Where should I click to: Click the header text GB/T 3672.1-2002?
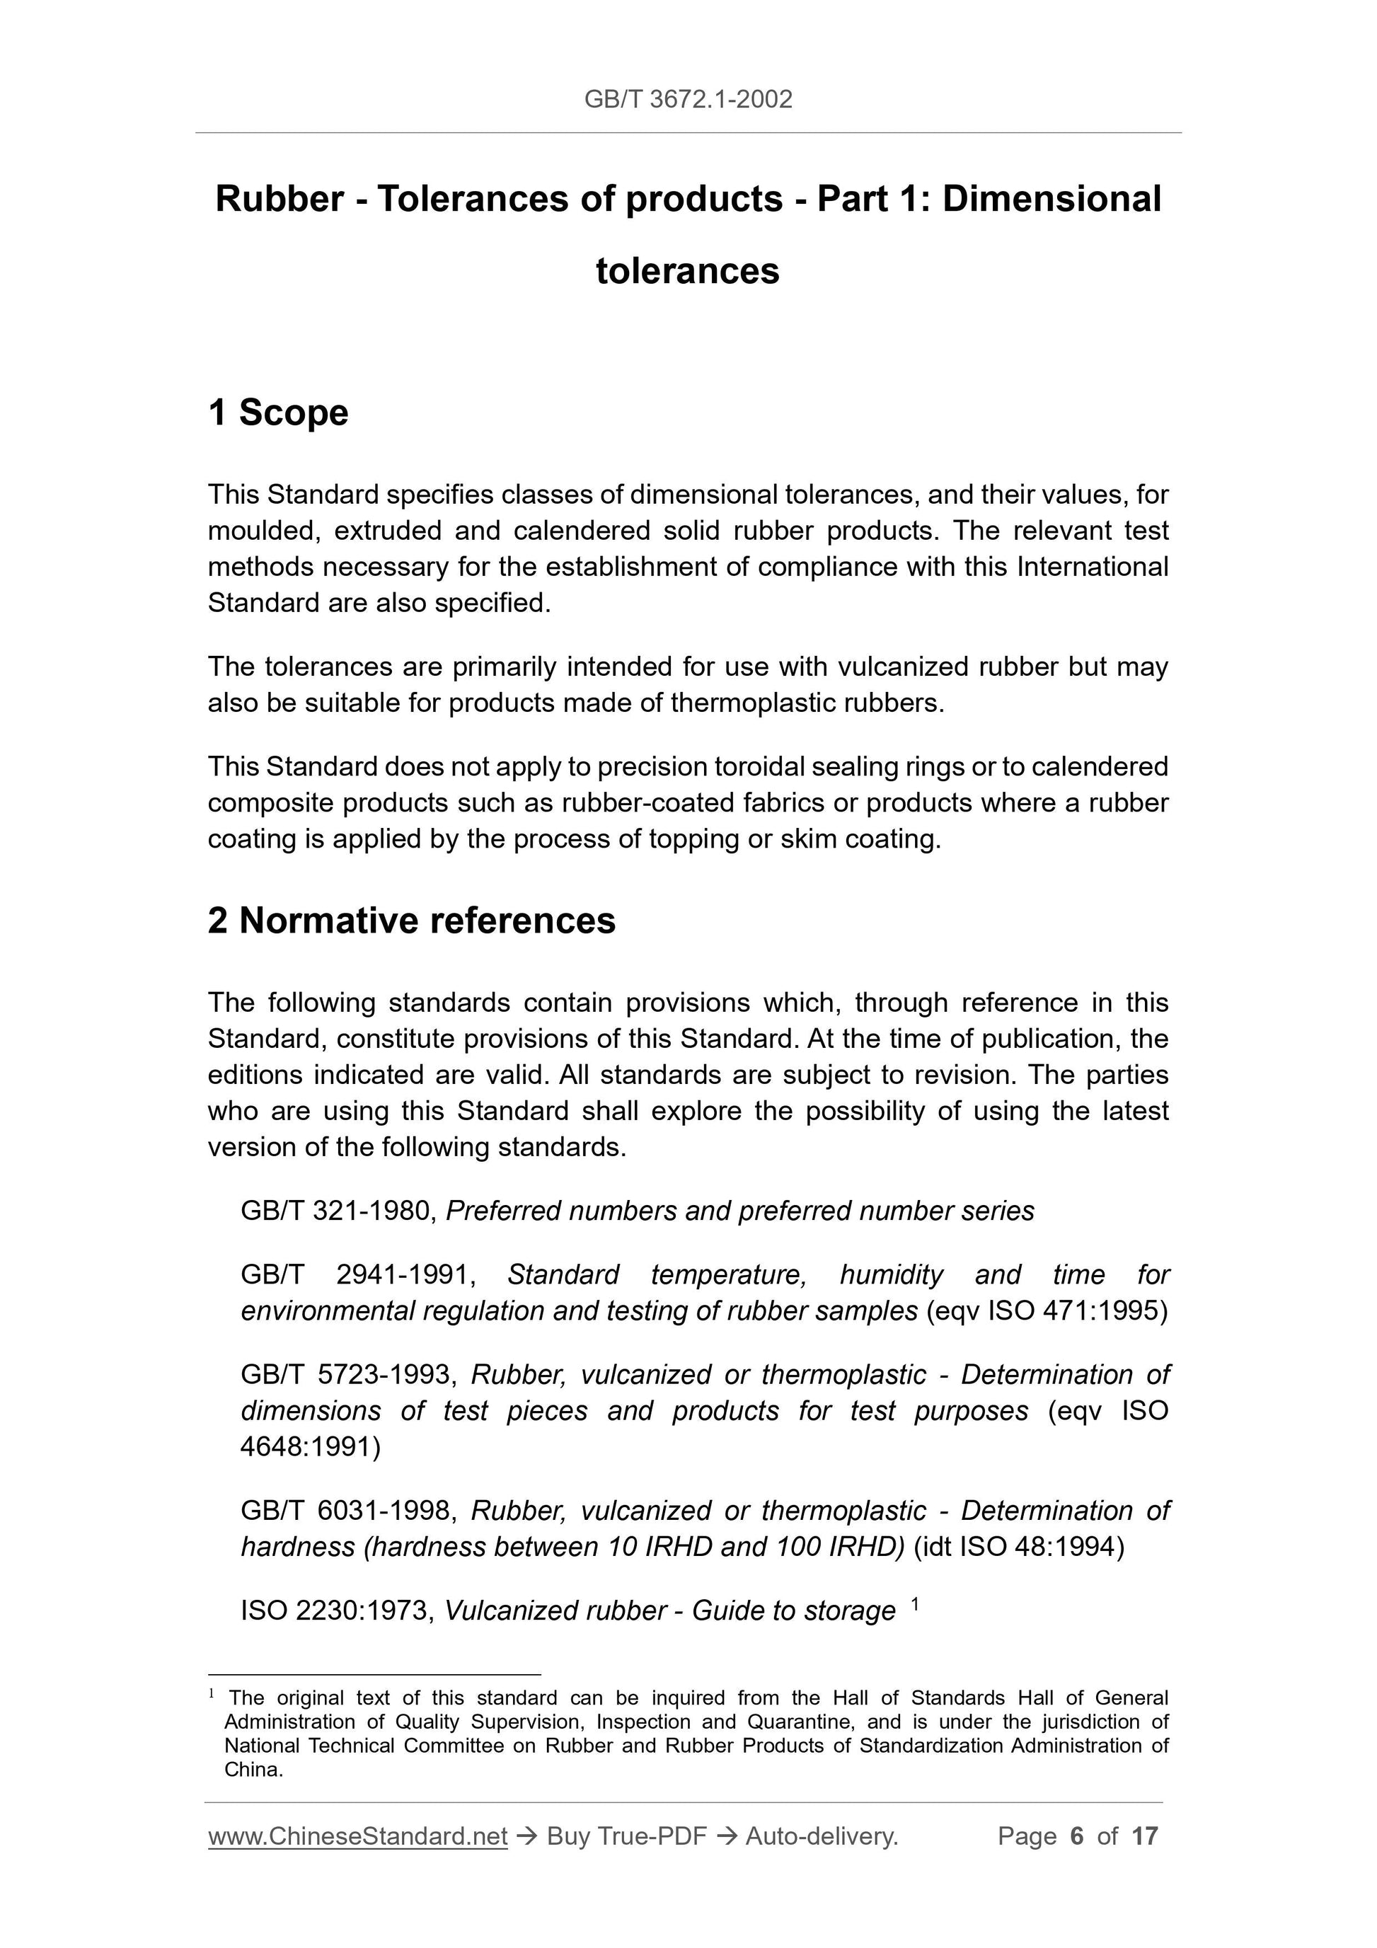pyautogui.click(x=688, y=99)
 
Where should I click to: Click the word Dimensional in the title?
pyautogui.click(x=1052, y=200)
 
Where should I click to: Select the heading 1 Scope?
pyautogui.click(x=278, y=413)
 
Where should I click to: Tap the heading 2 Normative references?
pyautogui.click(x=412, y=921)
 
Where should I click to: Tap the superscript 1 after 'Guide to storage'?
pyautogui.click(x=915, y=1604)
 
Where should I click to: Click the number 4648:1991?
pyautogui.click(x=311, y=1446)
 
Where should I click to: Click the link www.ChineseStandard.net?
pyautogui.click(x=358, y=1836)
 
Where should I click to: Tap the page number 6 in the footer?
pyautogui.click(x=1077, y=1836)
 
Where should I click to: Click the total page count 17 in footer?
pyautogui.click(x=1144, y=1836)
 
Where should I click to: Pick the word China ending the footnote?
pyautogui.click(x=252, y=1770)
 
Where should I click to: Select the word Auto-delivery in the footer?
pyautogui.click(x=820, y=1836)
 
